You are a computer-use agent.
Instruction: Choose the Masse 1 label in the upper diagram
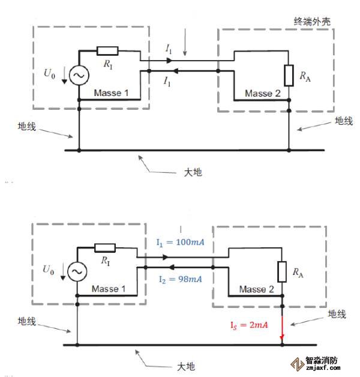click(111, 93)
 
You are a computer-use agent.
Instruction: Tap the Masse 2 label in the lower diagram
click(256, 289)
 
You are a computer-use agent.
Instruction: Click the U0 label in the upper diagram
click(51, 74)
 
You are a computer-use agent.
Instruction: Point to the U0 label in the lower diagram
click(49, 271)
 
